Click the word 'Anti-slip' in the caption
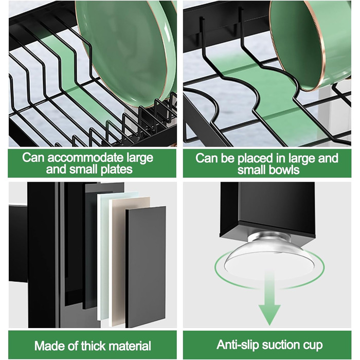[238, 345]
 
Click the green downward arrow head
[269, 314]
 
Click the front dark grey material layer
[146, 266]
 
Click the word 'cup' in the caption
[314, 346]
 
